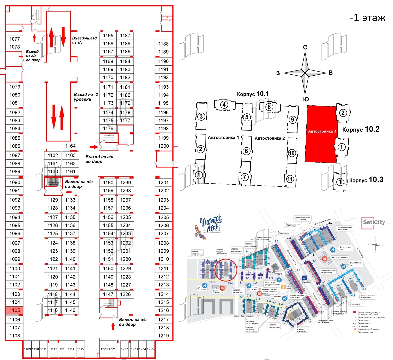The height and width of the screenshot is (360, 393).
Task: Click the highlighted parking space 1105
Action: coord(15,310)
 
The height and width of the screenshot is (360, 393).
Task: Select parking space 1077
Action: coord(15,39)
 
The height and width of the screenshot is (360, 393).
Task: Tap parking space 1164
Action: coord(70,146)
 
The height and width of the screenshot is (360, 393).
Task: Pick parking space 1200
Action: coord(163,146)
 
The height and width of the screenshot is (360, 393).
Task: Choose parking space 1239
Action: coord(125,183)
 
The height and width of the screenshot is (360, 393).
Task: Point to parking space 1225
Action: coord(150,349)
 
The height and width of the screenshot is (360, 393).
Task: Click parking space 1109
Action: coord(28,349)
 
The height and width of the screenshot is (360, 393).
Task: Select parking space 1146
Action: coord(70,310)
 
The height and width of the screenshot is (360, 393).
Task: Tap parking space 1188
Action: coord(163,44)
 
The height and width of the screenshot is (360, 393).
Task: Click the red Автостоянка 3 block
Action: coord(321,134)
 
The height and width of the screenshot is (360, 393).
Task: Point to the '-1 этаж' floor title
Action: coord(368,17)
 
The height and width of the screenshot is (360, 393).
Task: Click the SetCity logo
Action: coord(374,222)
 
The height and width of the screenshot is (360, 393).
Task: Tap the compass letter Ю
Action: coord(306,100)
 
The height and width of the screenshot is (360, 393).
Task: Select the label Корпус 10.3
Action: coord(366,180)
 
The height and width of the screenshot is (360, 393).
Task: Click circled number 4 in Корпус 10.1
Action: coord(224,105)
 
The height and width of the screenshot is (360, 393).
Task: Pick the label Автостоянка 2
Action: coord(270,138)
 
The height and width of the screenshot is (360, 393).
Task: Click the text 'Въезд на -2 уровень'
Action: coord(86,97)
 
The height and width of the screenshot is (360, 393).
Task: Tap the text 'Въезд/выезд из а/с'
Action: coord(84,40)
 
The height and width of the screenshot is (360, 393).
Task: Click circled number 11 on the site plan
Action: coord(290,179)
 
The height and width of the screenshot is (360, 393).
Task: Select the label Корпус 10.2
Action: coord(361,129)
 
